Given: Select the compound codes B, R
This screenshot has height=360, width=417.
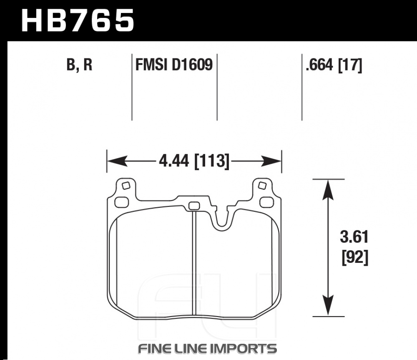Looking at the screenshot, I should [79, 65].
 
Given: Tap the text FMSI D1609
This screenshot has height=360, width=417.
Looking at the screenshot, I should [173, 65].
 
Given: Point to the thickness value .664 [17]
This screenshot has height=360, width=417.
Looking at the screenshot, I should [334, 65].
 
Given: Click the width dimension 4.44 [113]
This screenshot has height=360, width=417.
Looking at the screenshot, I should [194, 161].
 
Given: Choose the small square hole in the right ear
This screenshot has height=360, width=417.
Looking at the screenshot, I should [262, 185].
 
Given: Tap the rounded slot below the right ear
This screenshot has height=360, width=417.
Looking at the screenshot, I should [265, 202].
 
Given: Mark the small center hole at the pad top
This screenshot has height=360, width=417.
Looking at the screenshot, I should [194, 206].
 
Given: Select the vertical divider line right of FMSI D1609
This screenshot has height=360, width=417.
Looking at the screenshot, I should [217, 88].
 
